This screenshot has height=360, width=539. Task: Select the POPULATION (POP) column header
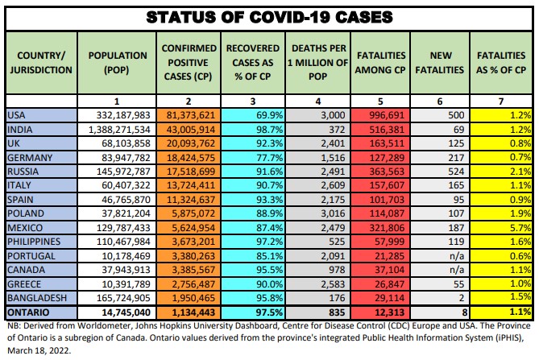pyautogui.click(x=117, y=61)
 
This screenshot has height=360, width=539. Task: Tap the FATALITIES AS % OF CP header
pyautogui.click(x=502, y=61)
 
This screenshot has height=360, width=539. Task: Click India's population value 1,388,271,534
pyautogui.click(x=118, y=129)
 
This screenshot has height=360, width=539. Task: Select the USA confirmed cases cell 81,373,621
pyautogui.click(x=189, y=115)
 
